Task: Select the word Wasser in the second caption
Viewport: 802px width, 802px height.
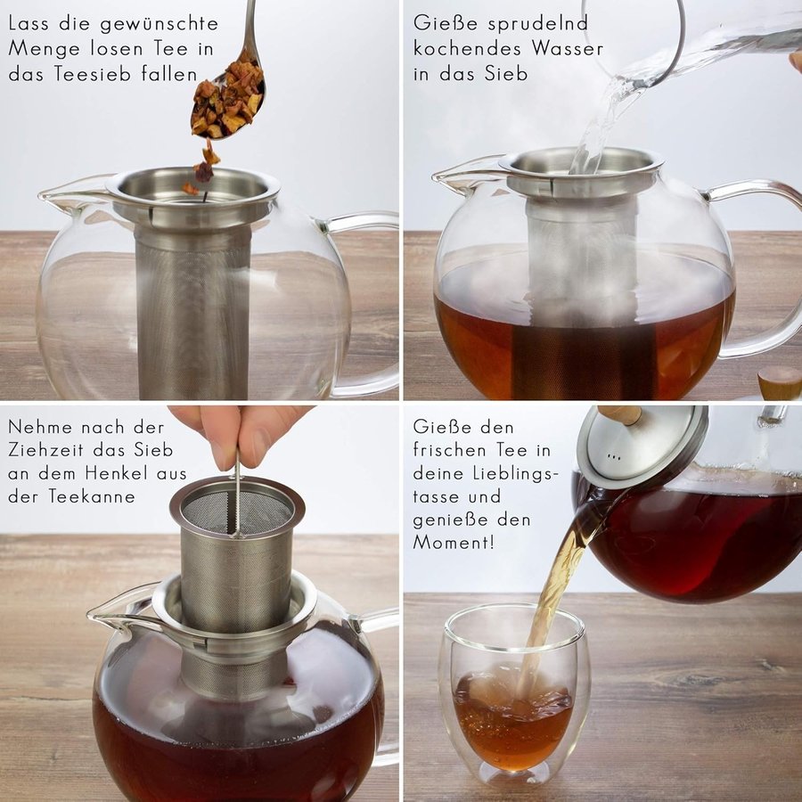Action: pyautogui.click(x=568, y=49)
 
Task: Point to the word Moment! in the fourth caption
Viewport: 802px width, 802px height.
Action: pyautogui.click(x=454, y=542)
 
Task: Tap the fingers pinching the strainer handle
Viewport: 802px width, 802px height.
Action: pyautogui.click(x=241, y=435)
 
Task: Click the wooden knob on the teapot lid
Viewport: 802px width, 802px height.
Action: pyautogui.click(x=620, y=415)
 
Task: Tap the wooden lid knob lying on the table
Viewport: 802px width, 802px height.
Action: pyautogui.click(x=780, y=382)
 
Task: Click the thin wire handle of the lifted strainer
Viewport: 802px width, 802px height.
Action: pyautogui.click(x=237, y=494)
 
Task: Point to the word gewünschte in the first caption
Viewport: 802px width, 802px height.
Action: pyautogui.click(x=159, y=25)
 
